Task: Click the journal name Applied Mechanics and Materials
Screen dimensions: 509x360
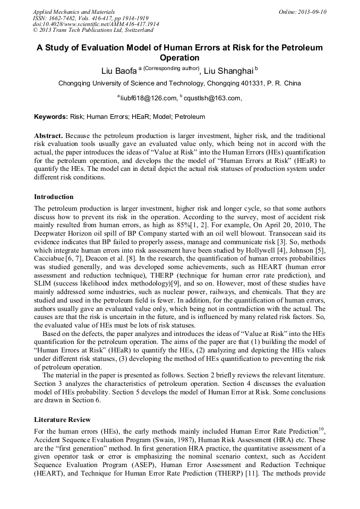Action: coord(73,11)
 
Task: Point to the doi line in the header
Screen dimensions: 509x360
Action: coord(96,24)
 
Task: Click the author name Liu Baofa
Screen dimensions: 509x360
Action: coord(119,70)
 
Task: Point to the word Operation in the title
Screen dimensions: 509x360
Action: coord(179,58)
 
